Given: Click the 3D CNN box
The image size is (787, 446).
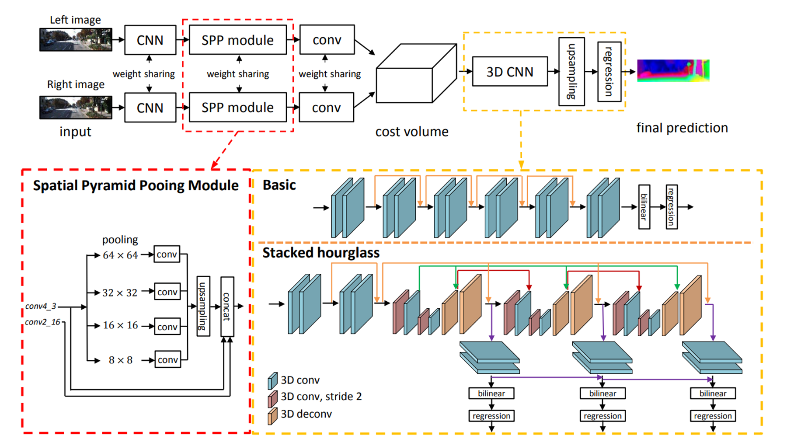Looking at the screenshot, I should (510, 71).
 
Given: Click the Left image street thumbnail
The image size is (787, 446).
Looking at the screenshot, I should (76, 40).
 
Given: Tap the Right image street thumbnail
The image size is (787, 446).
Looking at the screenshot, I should (76, 108).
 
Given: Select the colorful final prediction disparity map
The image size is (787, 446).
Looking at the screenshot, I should (673, 70).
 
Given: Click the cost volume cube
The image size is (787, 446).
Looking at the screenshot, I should (415, 74).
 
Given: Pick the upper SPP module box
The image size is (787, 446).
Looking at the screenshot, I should (237, 40).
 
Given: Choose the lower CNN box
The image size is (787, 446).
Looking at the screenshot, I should (150, 108).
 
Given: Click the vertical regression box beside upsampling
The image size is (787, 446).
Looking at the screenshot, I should (609, 72).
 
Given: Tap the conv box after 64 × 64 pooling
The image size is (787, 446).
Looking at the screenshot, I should (167, 254).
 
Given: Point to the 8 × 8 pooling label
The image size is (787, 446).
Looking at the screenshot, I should (120, 360).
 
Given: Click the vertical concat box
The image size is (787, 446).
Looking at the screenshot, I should (227, 306).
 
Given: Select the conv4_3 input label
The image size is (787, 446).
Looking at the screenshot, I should (41, 306).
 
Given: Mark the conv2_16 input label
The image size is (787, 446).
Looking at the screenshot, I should (42, 322).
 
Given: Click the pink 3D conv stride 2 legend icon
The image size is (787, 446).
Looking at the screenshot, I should (272, 398).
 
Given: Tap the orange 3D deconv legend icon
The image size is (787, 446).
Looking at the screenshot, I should (272, 416).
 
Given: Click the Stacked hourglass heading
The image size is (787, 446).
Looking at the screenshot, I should (320, 253).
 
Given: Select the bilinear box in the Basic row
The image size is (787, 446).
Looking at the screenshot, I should (644, 206).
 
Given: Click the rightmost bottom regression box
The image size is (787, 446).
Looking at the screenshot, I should (713, 416).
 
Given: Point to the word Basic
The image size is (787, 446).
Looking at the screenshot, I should (279, 185).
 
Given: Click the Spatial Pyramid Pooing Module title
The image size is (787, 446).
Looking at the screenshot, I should (136, 185).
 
